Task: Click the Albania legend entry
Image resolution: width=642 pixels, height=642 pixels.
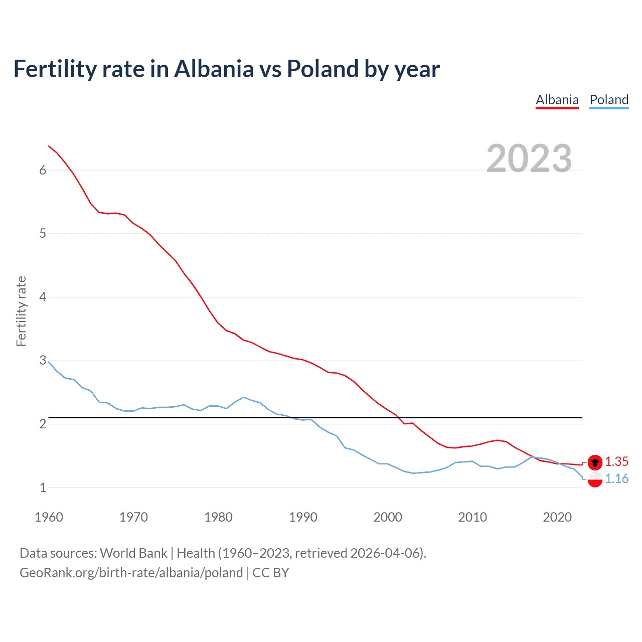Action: click(557, 100)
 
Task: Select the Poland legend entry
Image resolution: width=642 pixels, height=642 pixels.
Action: click(609, 100)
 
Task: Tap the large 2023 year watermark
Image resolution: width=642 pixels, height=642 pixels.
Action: click(529, 158)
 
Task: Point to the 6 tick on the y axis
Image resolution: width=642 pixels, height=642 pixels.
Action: click(43, 170)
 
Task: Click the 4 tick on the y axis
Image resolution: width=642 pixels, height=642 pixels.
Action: click(43, 297)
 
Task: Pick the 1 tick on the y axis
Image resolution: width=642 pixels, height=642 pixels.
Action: click(43, 488)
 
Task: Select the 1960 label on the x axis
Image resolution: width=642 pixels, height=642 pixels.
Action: click(49, 517)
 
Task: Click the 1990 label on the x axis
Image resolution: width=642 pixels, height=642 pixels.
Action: click(303, 517)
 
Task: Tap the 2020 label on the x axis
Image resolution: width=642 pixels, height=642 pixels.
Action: click(557, 517)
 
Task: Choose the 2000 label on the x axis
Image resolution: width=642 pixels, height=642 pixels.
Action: click(388, 517)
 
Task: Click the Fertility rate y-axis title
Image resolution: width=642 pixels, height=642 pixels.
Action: click(21, 311)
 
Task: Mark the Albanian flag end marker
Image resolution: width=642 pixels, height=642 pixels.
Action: click(595, 462)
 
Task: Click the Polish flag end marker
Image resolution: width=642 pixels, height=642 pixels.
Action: click(595, 479)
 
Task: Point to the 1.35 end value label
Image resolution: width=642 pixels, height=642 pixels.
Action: click(616, 462)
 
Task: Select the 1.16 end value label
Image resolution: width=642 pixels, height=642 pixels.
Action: click(616, 479)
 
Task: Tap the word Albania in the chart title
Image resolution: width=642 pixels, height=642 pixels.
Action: click(214, 69)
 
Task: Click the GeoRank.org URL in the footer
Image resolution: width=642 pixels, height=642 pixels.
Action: click(131, 573)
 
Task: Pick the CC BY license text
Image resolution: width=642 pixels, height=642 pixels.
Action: click(271, 573)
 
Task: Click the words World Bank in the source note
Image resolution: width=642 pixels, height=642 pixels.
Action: click(133, 553)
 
